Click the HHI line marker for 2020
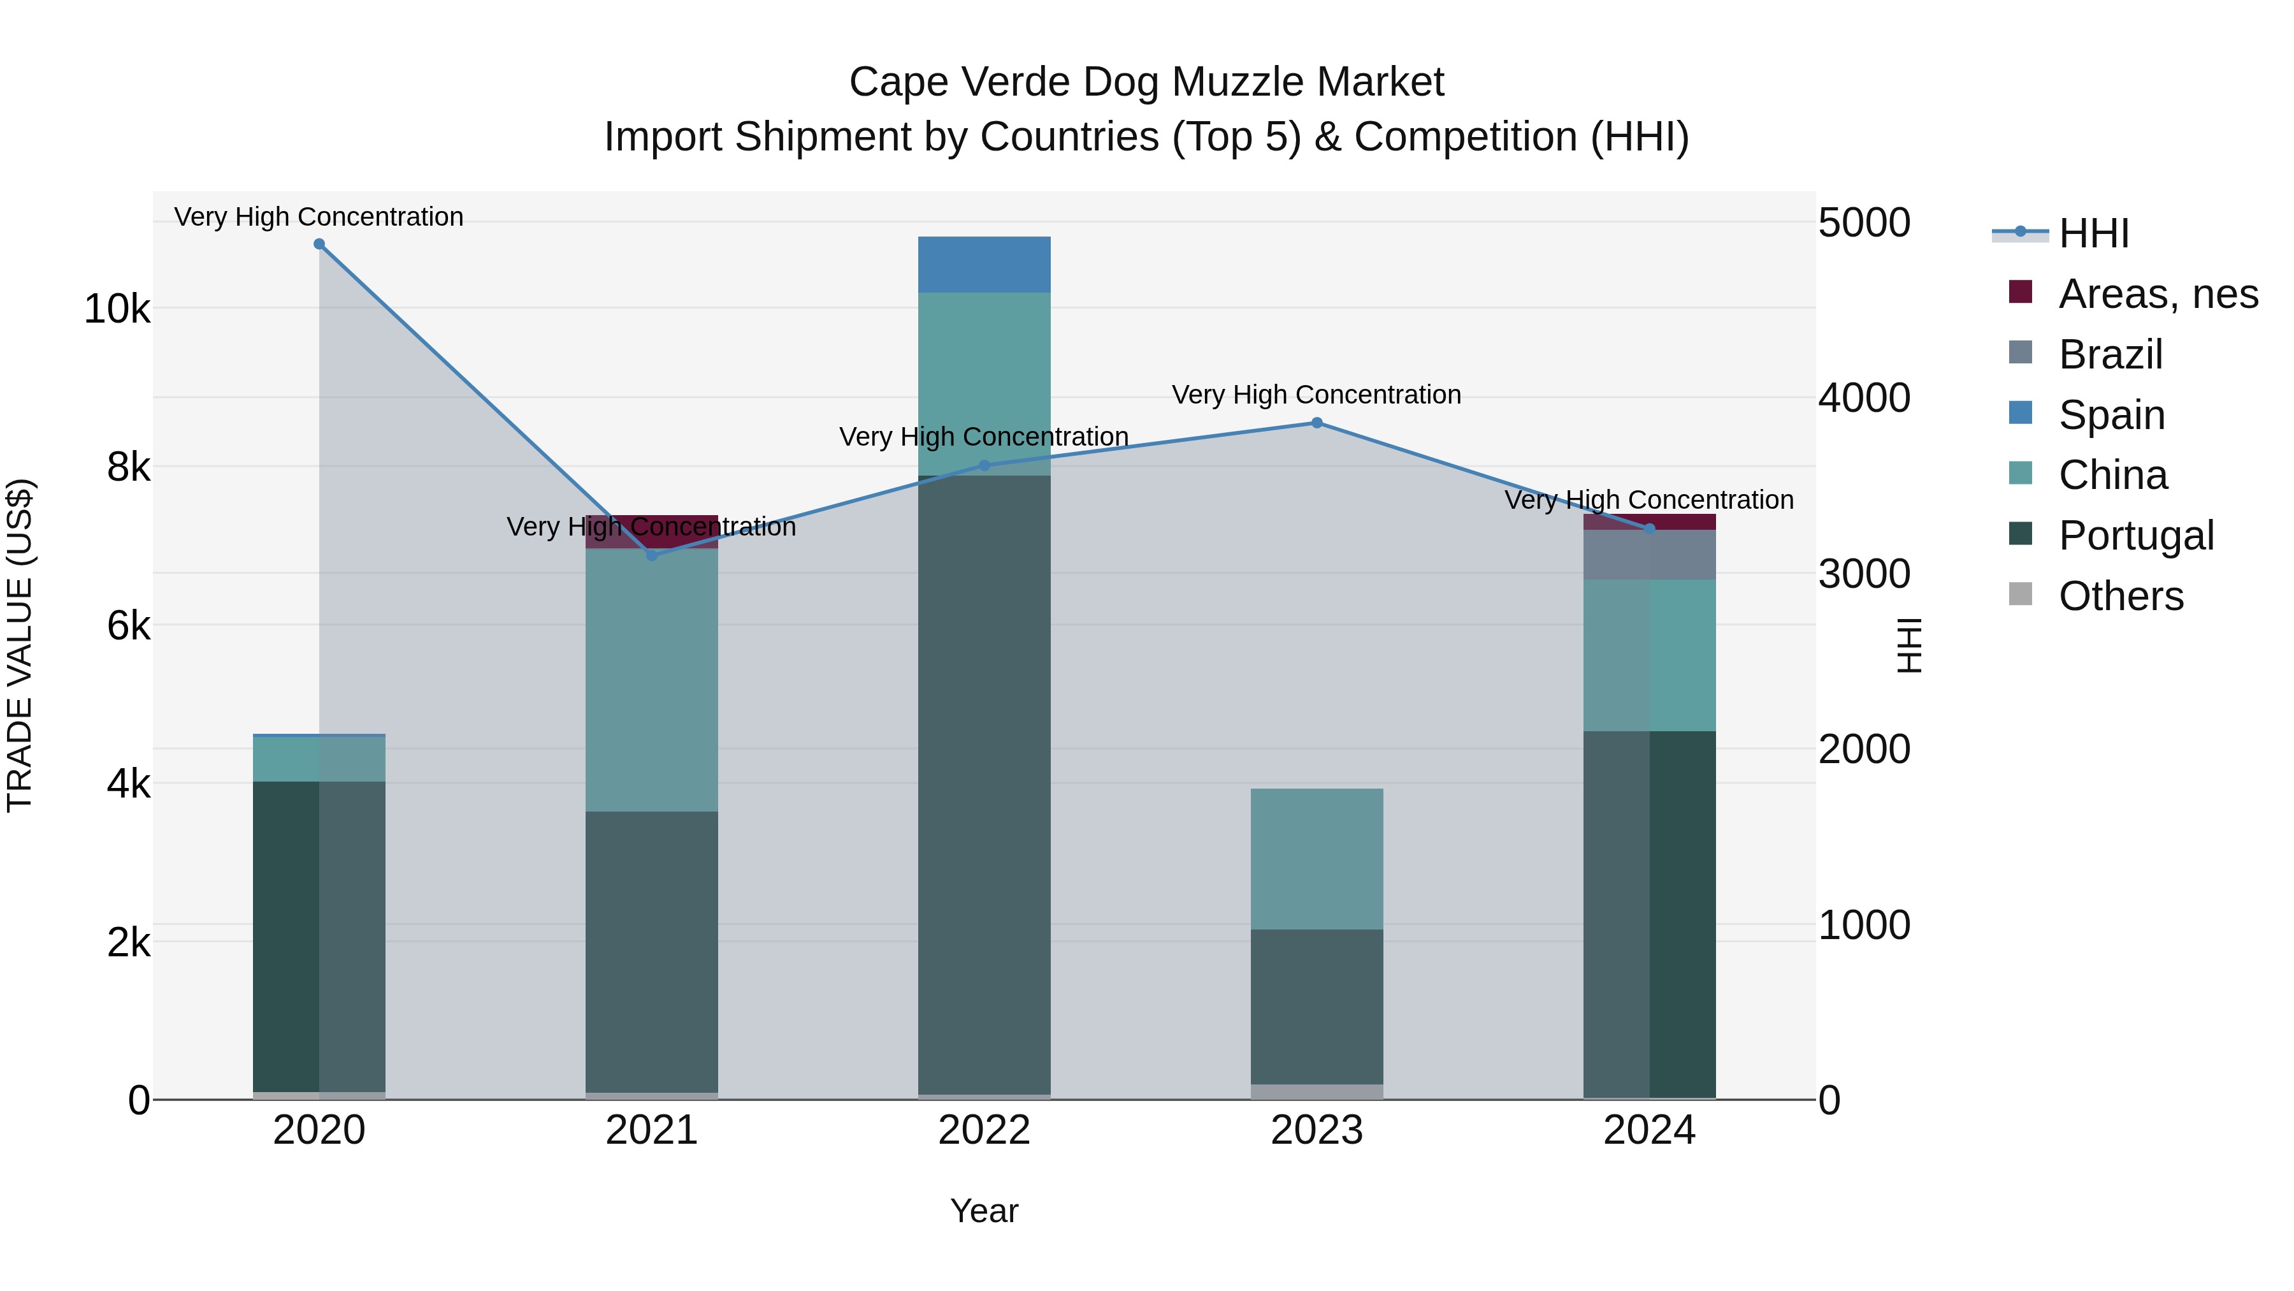[x=319, y=244]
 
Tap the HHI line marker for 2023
[x=1317, y=423]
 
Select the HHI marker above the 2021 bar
[x=652, y=556]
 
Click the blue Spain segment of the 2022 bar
[x=984, y=265]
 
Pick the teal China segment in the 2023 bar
[x=1317, y=859]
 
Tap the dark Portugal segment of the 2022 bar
[x=984, y=784]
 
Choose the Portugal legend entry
[x=2135, y=536]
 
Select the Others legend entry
[x=2120, y=596]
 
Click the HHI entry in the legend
[x=2093, y=233]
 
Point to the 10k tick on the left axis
[x=117, y=309]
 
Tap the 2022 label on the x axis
[x=984, y=1130]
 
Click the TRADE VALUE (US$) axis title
[x=20, y=645]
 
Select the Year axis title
[x=984, y=1211]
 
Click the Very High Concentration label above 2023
[x=1317, y=395]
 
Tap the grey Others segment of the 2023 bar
[x=1317, y=1091]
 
